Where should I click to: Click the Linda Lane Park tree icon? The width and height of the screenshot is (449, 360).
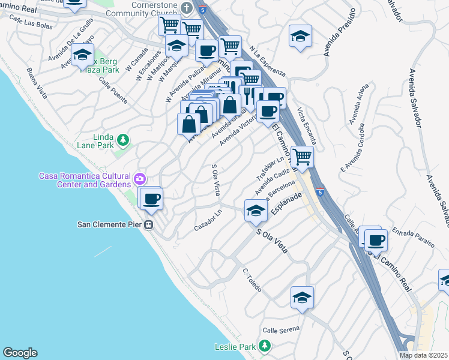123,140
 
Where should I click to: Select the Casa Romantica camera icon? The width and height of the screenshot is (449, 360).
140,178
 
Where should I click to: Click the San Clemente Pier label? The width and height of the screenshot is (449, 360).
109,224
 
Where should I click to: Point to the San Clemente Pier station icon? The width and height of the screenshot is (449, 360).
148,224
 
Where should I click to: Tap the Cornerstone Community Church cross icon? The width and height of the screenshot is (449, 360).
187,8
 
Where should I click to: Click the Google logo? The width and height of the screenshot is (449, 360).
20,353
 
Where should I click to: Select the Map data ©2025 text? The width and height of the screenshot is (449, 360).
424,355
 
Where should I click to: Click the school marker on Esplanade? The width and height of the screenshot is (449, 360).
256,210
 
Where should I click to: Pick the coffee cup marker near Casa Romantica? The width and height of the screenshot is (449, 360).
151,198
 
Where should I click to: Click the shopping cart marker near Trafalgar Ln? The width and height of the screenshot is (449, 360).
302,157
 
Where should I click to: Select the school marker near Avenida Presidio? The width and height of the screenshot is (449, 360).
300,36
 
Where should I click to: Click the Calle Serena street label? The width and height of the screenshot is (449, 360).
280,331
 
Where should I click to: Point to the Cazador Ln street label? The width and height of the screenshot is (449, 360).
208,226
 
